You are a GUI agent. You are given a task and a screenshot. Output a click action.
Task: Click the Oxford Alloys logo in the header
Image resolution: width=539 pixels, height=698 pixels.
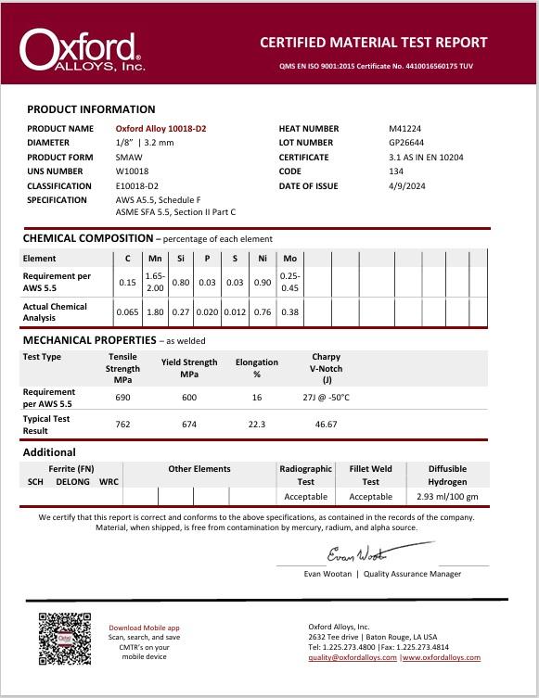(82, 50)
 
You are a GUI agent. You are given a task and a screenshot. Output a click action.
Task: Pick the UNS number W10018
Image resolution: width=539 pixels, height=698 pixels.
(133, 171)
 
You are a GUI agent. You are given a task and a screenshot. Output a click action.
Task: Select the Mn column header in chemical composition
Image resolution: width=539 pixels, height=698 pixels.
(155, 258)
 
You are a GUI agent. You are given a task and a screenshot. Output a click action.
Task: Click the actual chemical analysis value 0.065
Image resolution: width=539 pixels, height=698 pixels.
(128, 312)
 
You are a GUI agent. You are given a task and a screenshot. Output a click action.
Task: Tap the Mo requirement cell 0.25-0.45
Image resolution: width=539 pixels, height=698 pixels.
(289, 282)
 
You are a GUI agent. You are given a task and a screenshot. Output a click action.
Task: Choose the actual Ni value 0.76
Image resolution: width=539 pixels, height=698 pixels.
(263, 312)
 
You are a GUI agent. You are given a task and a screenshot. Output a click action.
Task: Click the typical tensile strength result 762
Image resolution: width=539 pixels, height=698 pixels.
(123, 425)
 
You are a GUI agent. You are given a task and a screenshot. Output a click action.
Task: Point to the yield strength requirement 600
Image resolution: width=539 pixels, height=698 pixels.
(189, 398)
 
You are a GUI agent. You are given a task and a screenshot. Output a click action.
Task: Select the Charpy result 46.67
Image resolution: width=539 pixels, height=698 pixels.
(326, 425)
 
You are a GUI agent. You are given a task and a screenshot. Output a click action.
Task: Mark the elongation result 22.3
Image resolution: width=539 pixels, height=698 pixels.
(257, 425)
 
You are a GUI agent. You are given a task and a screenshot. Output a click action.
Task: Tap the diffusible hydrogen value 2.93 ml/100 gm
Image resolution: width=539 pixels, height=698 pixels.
(447, 497)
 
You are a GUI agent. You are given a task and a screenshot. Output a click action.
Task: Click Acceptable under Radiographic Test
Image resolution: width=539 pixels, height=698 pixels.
(306, 497)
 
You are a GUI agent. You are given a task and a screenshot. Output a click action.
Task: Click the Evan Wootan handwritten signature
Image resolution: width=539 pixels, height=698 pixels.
(356, 554)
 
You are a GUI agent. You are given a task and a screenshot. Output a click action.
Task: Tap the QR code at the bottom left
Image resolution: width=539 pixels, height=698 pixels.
(65, 639)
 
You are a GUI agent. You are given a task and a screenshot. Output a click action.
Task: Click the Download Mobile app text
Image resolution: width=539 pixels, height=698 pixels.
(144, 628)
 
